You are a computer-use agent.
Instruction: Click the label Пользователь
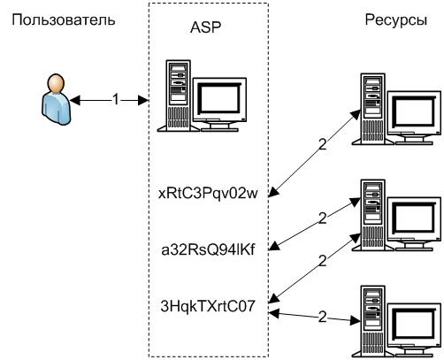coord(64,20)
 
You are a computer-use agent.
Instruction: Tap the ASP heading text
coord(205,27)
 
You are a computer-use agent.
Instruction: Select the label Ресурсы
coord(396,20)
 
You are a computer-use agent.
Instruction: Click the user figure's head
coord(56,83)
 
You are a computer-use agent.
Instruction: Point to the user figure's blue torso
coord(57,108)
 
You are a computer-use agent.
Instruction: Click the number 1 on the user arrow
coord(116,99)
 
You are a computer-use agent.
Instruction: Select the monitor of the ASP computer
coord(219,104)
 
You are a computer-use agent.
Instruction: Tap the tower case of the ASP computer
coord(178,96)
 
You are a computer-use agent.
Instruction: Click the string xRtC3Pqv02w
coord(208,194)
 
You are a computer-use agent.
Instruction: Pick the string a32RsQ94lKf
coord(208,249)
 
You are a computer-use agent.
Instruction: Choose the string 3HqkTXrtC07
coord(208,306)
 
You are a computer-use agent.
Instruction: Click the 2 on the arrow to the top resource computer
coord(323,144)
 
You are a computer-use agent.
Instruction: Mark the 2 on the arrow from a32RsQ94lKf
coord(323,218)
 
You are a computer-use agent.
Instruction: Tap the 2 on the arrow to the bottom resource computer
coord(323,317)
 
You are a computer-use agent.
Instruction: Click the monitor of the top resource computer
coord(414,118)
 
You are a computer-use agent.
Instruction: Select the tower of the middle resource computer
coord(372,215)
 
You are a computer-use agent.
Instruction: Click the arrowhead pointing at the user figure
coord(75,101)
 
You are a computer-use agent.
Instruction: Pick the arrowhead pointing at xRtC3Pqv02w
coord(274,192)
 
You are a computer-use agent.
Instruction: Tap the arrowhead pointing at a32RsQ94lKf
coord(275,245)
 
